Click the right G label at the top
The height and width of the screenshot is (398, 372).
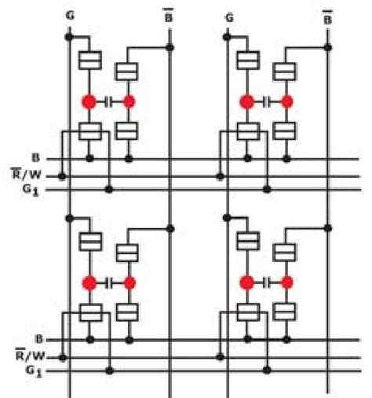228,16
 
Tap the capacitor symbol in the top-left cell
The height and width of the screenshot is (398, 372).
110,101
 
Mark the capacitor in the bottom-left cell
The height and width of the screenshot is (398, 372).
110,281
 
